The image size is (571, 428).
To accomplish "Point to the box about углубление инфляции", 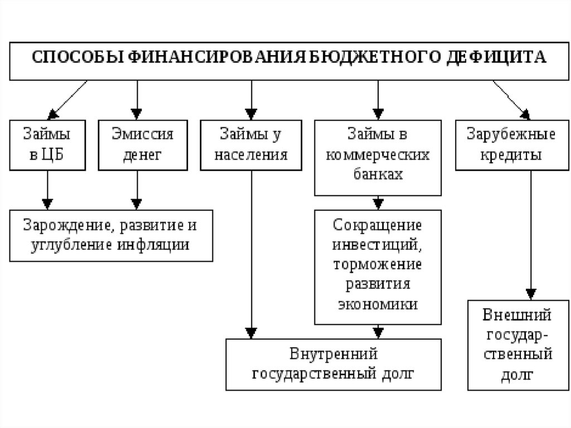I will [110, 235].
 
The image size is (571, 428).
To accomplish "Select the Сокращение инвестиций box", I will [377, 266].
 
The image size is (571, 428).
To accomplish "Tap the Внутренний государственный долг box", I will [334, 363].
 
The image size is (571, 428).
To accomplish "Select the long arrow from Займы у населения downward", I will [251, 251].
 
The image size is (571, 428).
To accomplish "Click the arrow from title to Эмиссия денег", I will [137, 99].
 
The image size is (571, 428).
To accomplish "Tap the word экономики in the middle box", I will [377, 305].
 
